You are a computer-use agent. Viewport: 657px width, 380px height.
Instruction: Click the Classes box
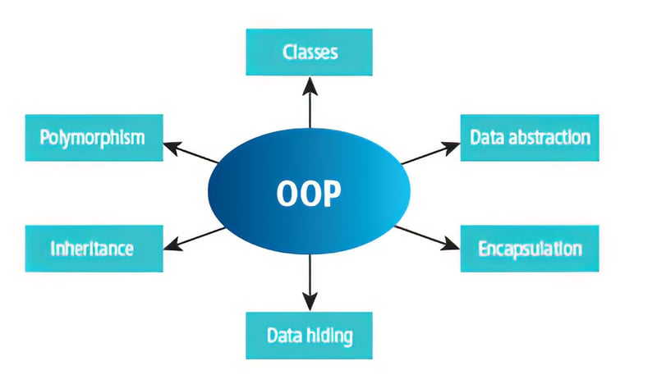coord(310,53)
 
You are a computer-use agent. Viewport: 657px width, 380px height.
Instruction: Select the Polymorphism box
coord(91,136)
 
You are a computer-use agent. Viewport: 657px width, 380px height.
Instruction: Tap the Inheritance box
coord(91,247)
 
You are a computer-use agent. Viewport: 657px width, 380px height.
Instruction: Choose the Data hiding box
coord(310,335)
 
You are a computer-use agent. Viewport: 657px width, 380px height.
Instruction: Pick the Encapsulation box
coord(531,248)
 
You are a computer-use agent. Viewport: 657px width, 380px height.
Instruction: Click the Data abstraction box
coord(530,136)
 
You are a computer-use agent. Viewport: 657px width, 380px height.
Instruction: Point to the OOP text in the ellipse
coord(309,195)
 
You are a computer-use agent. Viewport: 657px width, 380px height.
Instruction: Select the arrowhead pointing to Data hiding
coord(310,303)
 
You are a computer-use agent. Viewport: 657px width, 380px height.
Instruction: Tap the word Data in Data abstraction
coord(486,136)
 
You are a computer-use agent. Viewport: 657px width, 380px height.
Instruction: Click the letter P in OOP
coord(332,195)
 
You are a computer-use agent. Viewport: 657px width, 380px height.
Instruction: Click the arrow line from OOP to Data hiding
coord(310,275)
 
